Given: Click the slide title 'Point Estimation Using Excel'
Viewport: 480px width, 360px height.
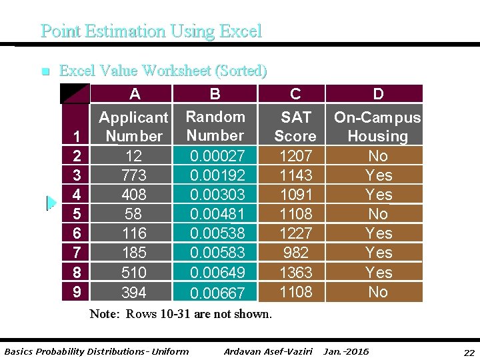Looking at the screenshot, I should click(x=151, y=31).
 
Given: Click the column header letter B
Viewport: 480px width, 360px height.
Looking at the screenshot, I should click(x=215, y=94).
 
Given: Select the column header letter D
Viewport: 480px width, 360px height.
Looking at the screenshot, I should click(x=378, y=94).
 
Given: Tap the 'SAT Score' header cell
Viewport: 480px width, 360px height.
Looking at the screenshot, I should click(x=295, y=126).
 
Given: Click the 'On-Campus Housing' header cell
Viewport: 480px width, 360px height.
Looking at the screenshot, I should click(x=377, y=127).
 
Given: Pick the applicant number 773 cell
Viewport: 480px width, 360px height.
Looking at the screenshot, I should click(x=135, y=175).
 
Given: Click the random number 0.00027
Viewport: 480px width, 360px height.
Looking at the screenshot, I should click(x=217, y=156).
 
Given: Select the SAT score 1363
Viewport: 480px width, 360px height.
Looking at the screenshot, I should click(x=295, y=272).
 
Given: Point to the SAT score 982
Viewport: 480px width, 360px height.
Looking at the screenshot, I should click(x=295, y=253).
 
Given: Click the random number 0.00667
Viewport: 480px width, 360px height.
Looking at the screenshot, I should click(x=217, y=293).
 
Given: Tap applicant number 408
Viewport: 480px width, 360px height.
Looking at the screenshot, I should click(x=135, y=195).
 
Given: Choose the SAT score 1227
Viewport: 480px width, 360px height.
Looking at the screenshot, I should click(x=295, y=233).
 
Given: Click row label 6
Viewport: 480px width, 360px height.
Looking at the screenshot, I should click(x=77, y=234).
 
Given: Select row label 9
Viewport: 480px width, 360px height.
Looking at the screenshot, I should click(x=77, y=292).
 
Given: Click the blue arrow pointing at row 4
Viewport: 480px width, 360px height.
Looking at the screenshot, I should click(x=51, y=203).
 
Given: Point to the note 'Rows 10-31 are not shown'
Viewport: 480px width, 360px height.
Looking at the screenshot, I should click(x=181, y=314).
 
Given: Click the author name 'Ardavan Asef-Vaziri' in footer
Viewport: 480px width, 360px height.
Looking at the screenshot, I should click(x=269, y=351).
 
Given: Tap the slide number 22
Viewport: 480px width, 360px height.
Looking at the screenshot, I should click(x=469, y=352).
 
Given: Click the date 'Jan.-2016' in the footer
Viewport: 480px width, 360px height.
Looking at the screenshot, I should click(x=346, y=351).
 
